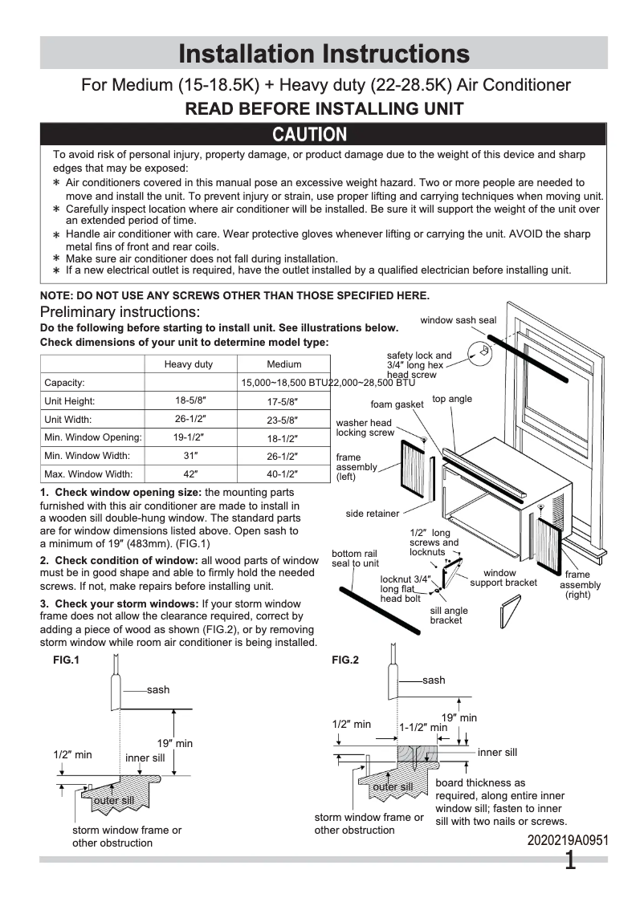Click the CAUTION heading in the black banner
click(x=309, y=134)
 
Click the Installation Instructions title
click(x=324, y=54)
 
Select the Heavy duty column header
click(x=189, y=364)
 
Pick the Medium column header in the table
click(x=283, y=364)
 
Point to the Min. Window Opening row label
click(x=93, y=437)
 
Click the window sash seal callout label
click(x=459, y=320)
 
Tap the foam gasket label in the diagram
click(x=397, y=404)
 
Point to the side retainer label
click(x=373, y=514)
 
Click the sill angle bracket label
click(x=449, y=615)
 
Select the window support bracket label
click(x=503, y=578)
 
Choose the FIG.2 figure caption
click(x=344, y=660)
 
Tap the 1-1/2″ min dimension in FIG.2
click(x=423, y=728)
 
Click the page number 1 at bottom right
click(x=570, y=861)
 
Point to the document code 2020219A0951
click(x=568, y=840)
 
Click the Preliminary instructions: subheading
click(x=120, y=311)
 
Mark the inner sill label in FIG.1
click(x=145, y=758)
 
